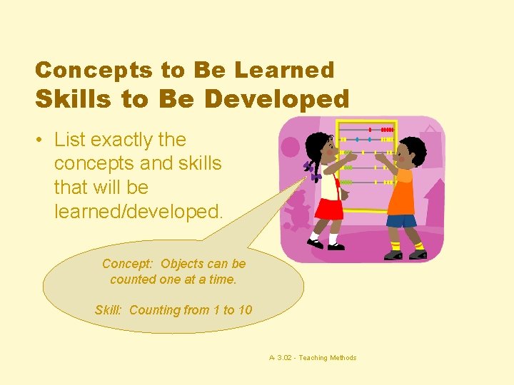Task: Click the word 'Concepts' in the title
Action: (76, 70)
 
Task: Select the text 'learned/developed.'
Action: (138, 211)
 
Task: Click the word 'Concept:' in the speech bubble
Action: (128, 264)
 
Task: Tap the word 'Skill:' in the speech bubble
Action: (110, 310)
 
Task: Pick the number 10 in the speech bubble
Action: (244, 310)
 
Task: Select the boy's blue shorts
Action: (403, 220)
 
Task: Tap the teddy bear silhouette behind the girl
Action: (298, 210)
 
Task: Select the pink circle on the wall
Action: (291, 147)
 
